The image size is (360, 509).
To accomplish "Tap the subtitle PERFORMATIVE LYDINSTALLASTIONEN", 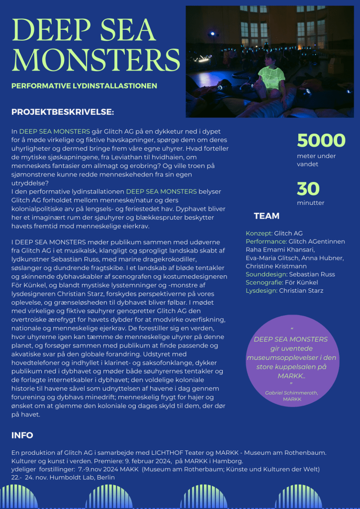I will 84,85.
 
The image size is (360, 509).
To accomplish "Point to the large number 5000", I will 321,141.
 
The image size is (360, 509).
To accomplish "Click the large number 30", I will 308,189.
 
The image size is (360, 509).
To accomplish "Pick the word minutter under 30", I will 311,203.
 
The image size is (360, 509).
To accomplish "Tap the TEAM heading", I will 267,216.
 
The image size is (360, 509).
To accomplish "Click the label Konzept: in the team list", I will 259,233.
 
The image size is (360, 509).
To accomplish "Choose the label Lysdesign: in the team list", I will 262,291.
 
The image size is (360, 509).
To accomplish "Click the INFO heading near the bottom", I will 22,435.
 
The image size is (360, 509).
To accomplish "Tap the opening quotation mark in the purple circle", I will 291,329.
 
